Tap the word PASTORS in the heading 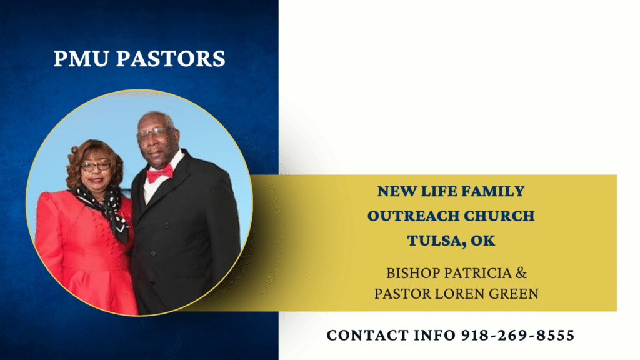click(171, 58)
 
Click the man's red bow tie click(159, 174)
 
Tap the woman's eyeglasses click(96, 165)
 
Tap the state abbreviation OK click(483, 241)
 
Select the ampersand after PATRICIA click(522, 273)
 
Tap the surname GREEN click(514, 294)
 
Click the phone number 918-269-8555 click(518, 336)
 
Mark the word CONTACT click(367, 336)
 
